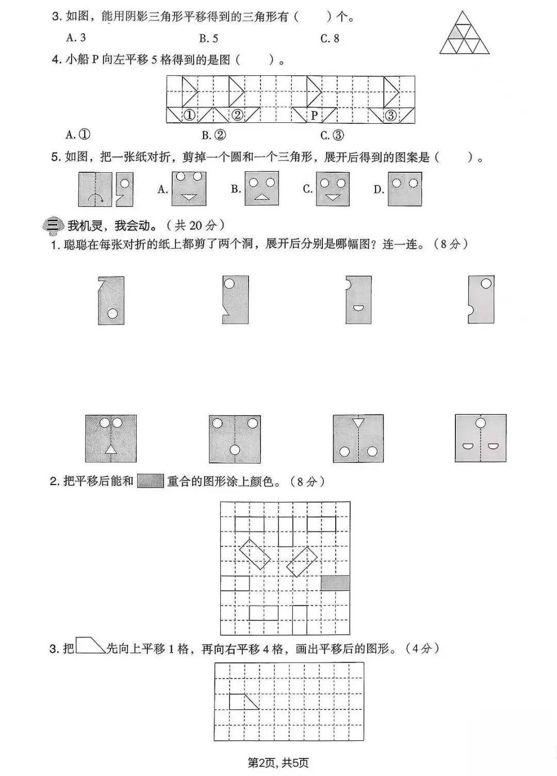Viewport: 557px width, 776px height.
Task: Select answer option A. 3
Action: [x=76, y=38]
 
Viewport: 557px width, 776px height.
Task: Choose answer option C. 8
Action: [x=330, y=38]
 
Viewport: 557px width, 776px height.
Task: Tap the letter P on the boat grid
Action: [x=314, y=116]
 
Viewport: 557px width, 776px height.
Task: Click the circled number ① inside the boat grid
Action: [x=189, y=116]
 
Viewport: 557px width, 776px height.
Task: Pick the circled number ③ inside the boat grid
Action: [x=391, y=116]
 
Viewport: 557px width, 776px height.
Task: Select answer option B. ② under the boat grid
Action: [x=214, y=135]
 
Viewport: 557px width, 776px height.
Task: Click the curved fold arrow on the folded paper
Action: [x=95, y=198]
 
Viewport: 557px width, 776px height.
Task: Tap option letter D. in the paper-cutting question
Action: [x=379, y=190]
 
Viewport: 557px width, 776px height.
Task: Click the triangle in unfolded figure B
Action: [x=262, y=196]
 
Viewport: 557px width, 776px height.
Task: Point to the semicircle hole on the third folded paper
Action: [x=358, y=309]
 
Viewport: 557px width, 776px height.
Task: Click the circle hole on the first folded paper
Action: [x=112, y=313]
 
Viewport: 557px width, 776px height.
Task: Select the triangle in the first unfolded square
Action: [x=111, y=449]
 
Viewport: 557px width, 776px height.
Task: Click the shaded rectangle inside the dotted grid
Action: [x=335, y=583]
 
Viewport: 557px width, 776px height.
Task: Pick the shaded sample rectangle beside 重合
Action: [x=150, y=481]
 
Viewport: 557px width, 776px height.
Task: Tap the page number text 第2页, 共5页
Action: [x=278, y=763]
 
